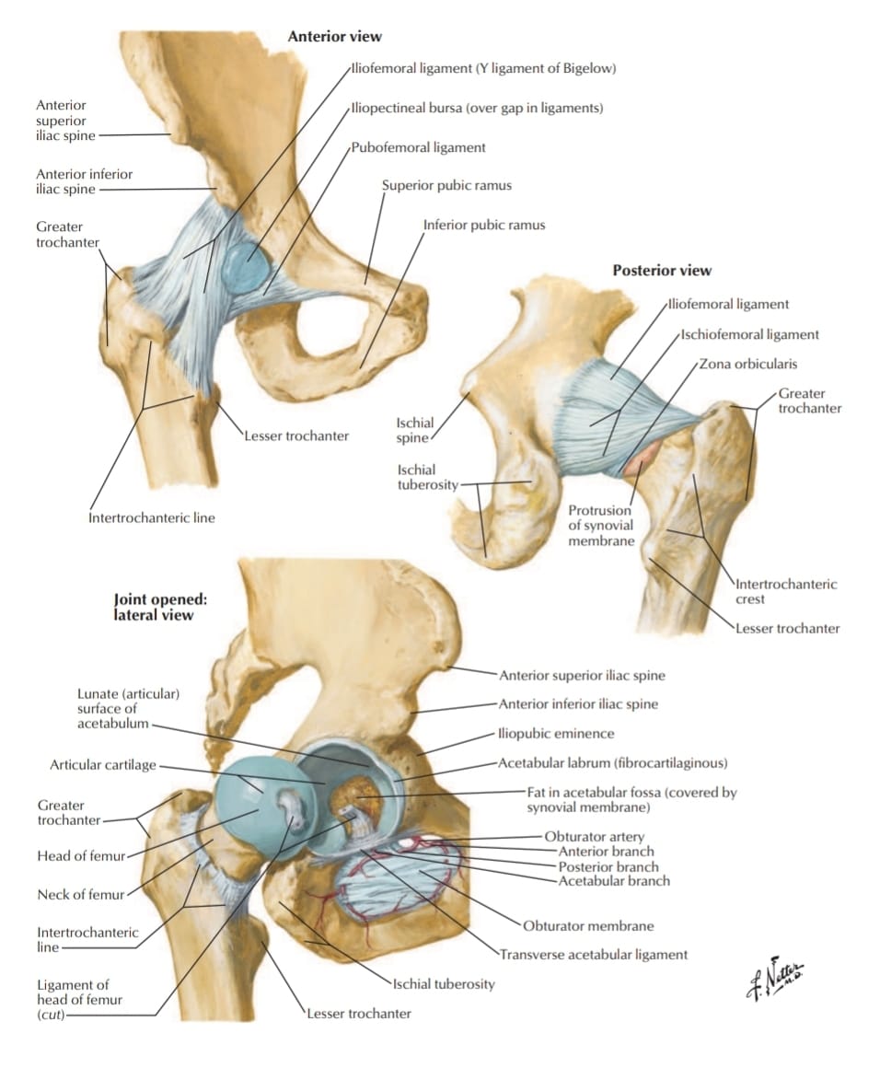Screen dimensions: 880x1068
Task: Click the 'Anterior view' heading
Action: tap(334, 37)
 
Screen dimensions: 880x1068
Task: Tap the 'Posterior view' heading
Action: tap(661, 271)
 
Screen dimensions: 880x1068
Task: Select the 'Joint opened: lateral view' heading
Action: tap(160, 607)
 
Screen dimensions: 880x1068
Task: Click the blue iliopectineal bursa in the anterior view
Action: tap(246, 268)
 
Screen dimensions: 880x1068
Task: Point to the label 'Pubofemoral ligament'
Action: tap(418, 148)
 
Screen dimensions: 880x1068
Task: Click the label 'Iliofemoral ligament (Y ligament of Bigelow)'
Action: tap(483, 69)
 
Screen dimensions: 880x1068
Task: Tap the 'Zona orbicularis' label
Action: tap(747, 364)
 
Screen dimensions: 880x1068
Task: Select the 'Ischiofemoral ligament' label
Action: tap(750, 334)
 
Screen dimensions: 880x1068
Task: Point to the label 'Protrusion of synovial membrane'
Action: tap(601, 525)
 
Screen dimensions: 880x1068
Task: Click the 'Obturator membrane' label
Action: tap(588, 926)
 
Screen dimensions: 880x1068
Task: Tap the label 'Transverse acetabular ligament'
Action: tap(594, 955)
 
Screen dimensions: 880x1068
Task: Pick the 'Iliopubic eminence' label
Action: tap(556, 734)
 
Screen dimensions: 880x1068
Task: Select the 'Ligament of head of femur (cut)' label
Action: tap(79, 1000)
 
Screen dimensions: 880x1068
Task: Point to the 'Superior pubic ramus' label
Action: tap(446, 185)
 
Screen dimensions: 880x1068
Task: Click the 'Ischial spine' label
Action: tap(415, 431)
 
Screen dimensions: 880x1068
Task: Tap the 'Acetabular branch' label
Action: tap(614, 881)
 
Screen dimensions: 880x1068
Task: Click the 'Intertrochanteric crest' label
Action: tap(786, 592)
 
